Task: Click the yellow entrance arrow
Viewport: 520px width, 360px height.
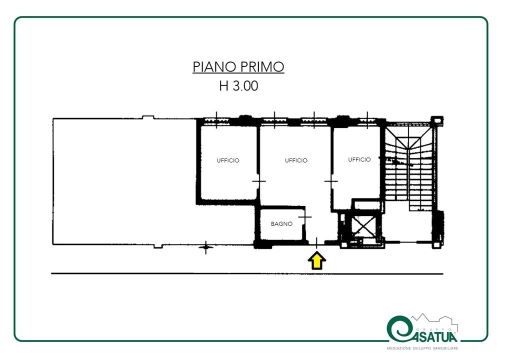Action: click(x=316, y=260)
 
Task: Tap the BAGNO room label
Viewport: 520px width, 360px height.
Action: click(x=281, y=224)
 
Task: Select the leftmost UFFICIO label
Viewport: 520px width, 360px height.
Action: click(x=228, y=160)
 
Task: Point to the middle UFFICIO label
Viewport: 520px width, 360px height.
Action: click(x=296, y=160)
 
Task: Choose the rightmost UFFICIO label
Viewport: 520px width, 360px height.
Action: click(x=359, y=159)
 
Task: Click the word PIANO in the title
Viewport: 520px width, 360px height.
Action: click(x=214, y=66)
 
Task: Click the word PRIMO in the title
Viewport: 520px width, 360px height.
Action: click(x=262, y=66)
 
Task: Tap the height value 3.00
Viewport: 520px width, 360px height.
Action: click(x=245, y=86)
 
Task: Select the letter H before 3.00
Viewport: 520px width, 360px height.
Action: click(x=224, y=86)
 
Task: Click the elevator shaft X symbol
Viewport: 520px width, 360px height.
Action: click(x=364, y=226)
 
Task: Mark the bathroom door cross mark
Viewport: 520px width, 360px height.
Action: click(x=305, y=217)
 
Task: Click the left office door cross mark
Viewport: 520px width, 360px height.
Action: click(x=258, y=181)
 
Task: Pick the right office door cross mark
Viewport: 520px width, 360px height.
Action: click(x=331, y=181)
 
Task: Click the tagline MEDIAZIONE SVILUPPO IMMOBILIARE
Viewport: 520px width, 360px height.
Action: click(x=422, y=348)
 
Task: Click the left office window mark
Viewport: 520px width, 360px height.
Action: click(x=216, y=120)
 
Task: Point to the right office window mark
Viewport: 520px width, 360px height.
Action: click(x=367, y=120)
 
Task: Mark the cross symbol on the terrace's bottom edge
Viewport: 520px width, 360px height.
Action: click(x=206, y=247)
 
